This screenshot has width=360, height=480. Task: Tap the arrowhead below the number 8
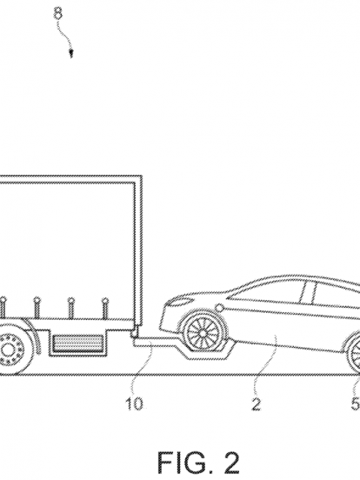tap(71, 55)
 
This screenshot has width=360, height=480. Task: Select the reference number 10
tap(135, 395)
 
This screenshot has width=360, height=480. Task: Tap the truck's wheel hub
tap(9, 349)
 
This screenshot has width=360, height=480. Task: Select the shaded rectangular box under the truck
tap(77, 343)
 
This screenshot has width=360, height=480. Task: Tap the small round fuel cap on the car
tap(219, 307)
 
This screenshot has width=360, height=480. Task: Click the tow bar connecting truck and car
tap(153, 343)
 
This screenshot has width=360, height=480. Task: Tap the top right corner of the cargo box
tap(142, 176)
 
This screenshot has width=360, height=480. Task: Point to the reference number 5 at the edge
tap(355, 395)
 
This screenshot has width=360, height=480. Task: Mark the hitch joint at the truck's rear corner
tap(135, 333)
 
